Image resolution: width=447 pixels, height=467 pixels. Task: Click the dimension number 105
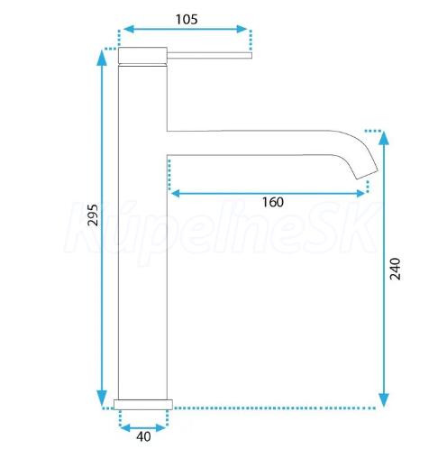click(x=187, y=20)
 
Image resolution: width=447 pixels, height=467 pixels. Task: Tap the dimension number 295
click(x=93, y=215)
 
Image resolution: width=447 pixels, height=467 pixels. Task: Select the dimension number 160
click(x=273, y=202)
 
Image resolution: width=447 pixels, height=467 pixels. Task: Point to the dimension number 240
click(x=395, y=269)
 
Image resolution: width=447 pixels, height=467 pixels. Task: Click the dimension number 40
click(x=143, y=436)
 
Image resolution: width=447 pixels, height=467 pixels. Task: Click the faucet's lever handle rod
click(x=209, y=55)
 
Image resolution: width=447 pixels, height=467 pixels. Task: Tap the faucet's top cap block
click(x=142, y=56)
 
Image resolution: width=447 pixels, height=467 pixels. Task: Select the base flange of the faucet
click(x=143, y=405)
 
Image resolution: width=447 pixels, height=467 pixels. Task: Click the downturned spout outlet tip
click(x=367, y=174)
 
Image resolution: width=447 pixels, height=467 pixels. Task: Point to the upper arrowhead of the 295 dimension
click(x=102, y=58)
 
